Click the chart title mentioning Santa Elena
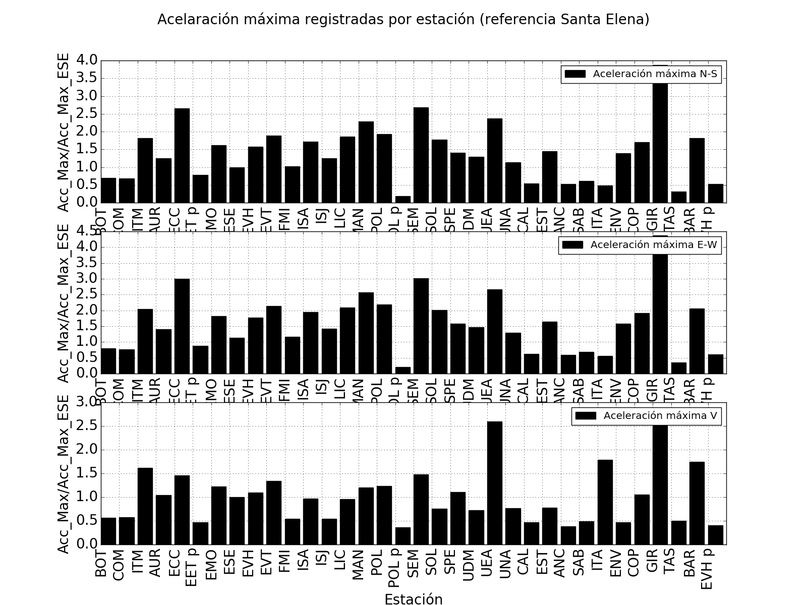tap(403, 19)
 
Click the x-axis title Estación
tap(413, 598)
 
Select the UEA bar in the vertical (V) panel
tap(494, 482)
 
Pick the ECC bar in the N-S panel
tap(182, 155)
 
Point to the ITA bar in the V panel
tap(605, 502)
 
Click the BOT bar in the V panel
tap(108, 531)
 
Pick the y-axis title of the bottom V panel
tap(64, 474)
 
